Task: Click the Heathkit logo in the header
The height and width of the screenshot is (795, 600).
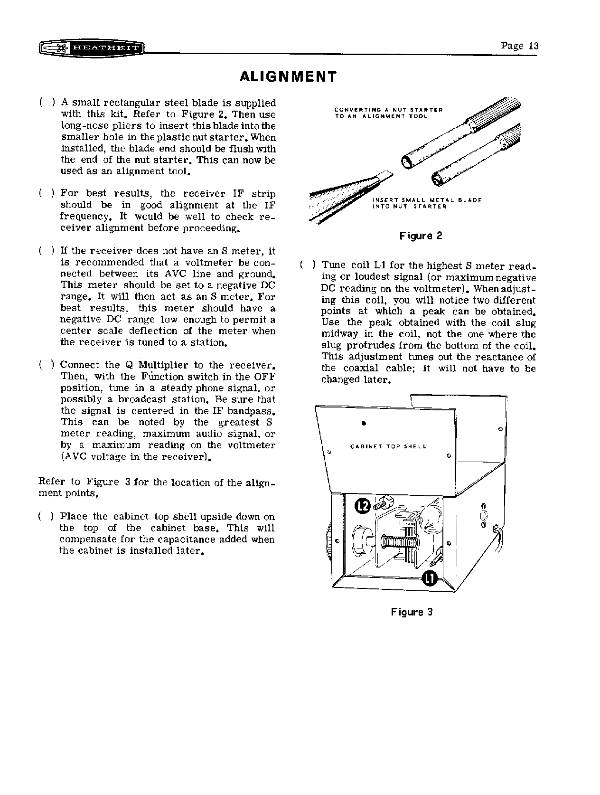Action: click(x=92, y=48)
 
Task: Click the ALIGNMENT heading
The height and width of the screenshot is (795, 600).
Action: click(x=288, y=77)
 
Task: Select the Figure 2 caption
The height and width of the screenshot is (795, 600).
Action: click(x=421, y=236)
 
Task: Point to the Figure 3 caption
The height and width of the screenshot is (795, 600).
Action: click(x=412, y=612)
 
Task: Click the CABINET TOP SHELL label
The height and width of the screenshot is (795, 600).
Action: click(x=388, y=446)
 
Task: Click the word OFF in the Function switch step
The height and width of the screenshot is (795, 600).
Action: click(x=265, y=377)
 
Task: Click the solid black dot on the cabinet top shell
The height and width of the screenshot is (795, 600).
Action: click(x=363, y=422)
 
